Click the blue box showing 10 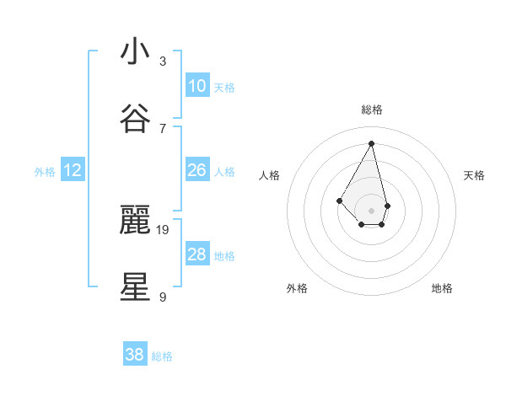pyautogui.click(x=196, y=86)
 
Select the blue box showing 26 pyautogui.click(x=196, y=170)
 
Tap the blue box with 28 pyautogui.click(x=196, y=254)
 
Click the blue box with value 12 pyautogui.click(x=73, y=170)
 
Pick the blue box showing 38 pyautogui.click(x=135, y=355)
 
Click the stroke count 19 pyautogui.click(x=164, y=229)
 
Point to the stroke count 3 pyautogui.click(x=163, y=61)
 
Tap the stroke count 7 pyautogui.click(x=163, y=128)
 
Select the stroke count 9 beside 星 pyautogui.click(x=163, y=297)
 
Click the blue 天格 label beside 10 pyautogui.click(x=224, y=88)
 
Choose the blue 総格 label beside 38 pyautogui.click(x=162, y=356)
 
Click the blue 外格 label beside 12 pyautogui.click(x=45, y=172)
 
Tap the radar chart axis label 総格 pyautogui.click(x=372, y=110)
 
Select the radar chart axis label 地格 pyautogui.click(x=442, y=289)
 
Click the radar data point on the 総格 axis pyautogui.click(x=371, y=143)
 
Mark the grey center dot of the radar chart pyautogui.click(x=371, y=210)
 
